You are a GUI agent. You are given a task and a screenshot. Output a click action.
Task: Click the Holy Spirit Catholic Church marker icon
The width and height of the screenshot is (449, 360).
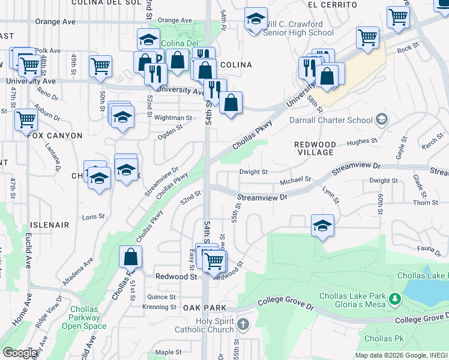(x=243, y=325)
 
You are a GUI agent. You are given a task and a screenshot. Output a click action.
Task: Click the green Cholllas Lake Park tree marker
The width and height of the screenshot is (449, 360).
(x=394, y=298)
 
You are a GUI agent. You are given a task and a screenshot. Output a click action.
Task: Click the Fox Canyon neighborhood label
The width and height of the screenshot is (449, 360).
(x=55, y=136)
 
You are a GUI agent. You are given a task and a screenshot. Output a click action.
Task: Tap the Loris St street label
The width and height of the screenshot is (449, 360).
(x=94, y=216)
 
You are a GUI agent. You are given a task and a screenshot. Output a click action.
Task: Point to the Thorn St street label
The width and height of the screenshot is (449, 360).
(x=425, y=203)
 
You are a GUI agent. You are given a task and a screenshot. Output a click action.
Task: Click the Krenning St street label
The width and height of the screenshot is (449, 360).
(x=159, y=307)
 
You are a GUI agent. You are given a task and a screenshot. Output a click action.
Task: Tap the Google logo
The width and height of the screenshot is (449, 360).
(x=20, y=353)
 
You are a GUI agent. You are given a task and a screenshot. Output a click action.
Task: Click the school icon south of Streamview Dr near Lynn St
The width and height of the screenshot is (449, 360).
(x=322, y=226)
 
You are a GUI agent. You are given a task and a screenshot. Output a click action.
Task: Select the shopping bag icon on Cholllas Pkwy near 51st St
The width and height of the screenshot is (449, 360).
(x=130, y=257)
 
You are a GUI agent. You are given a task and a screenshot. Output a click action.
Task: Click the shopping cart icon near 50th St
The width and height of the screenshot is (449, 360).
(x=100, y=66)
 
